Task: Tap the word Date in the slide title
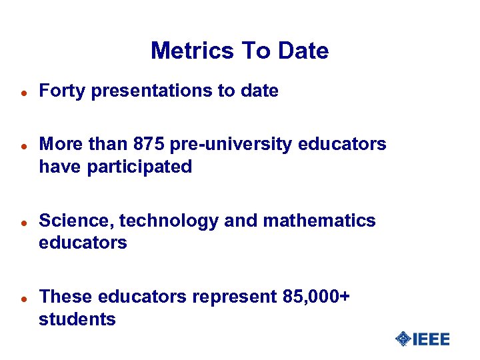point(303,51)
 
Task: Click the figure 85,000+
point(312,297)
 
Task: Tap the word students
point(77,319)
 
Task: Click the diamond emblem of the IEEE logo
point(403,339)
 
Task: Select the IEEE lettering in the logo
point(431,339)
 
